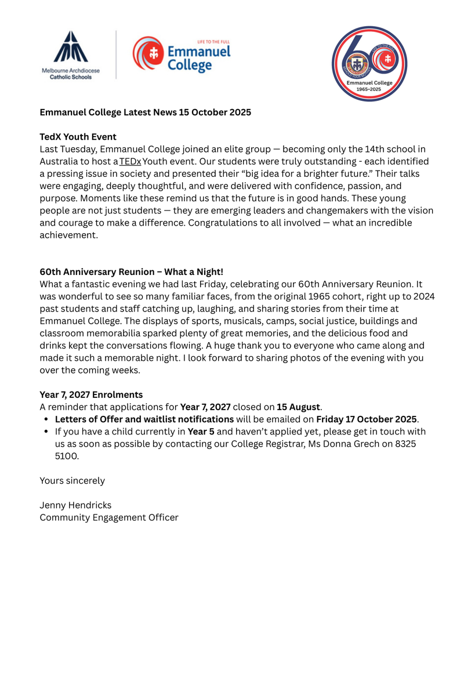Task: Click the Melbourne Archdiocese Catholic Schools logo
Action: (x=70, y=55)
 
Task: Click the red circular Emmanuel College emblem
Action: (x=147, y=53)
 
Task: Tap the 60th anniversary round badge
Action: (x=369, y=64)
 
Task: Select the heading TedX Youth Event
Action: (x=78, y=137)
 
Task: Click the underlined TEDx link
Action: (x=130, y=161)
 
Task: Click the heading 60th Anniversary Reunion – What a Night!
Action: (x=131, y=271)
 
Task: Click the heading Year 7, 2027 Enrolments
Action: (x=91, y=394)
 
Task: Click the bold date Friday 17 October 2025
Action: (x=366, y=419)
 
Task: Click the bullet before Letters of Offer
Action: (x=46, y=419)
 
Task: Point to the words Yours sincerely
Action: (x=72, y=480)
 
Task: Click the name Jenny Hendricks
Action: (x=75, y=505)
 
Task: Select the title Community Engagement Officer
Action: (x=109, y=517)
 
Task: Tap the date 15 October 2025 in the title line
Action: (x=215, y=112)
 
